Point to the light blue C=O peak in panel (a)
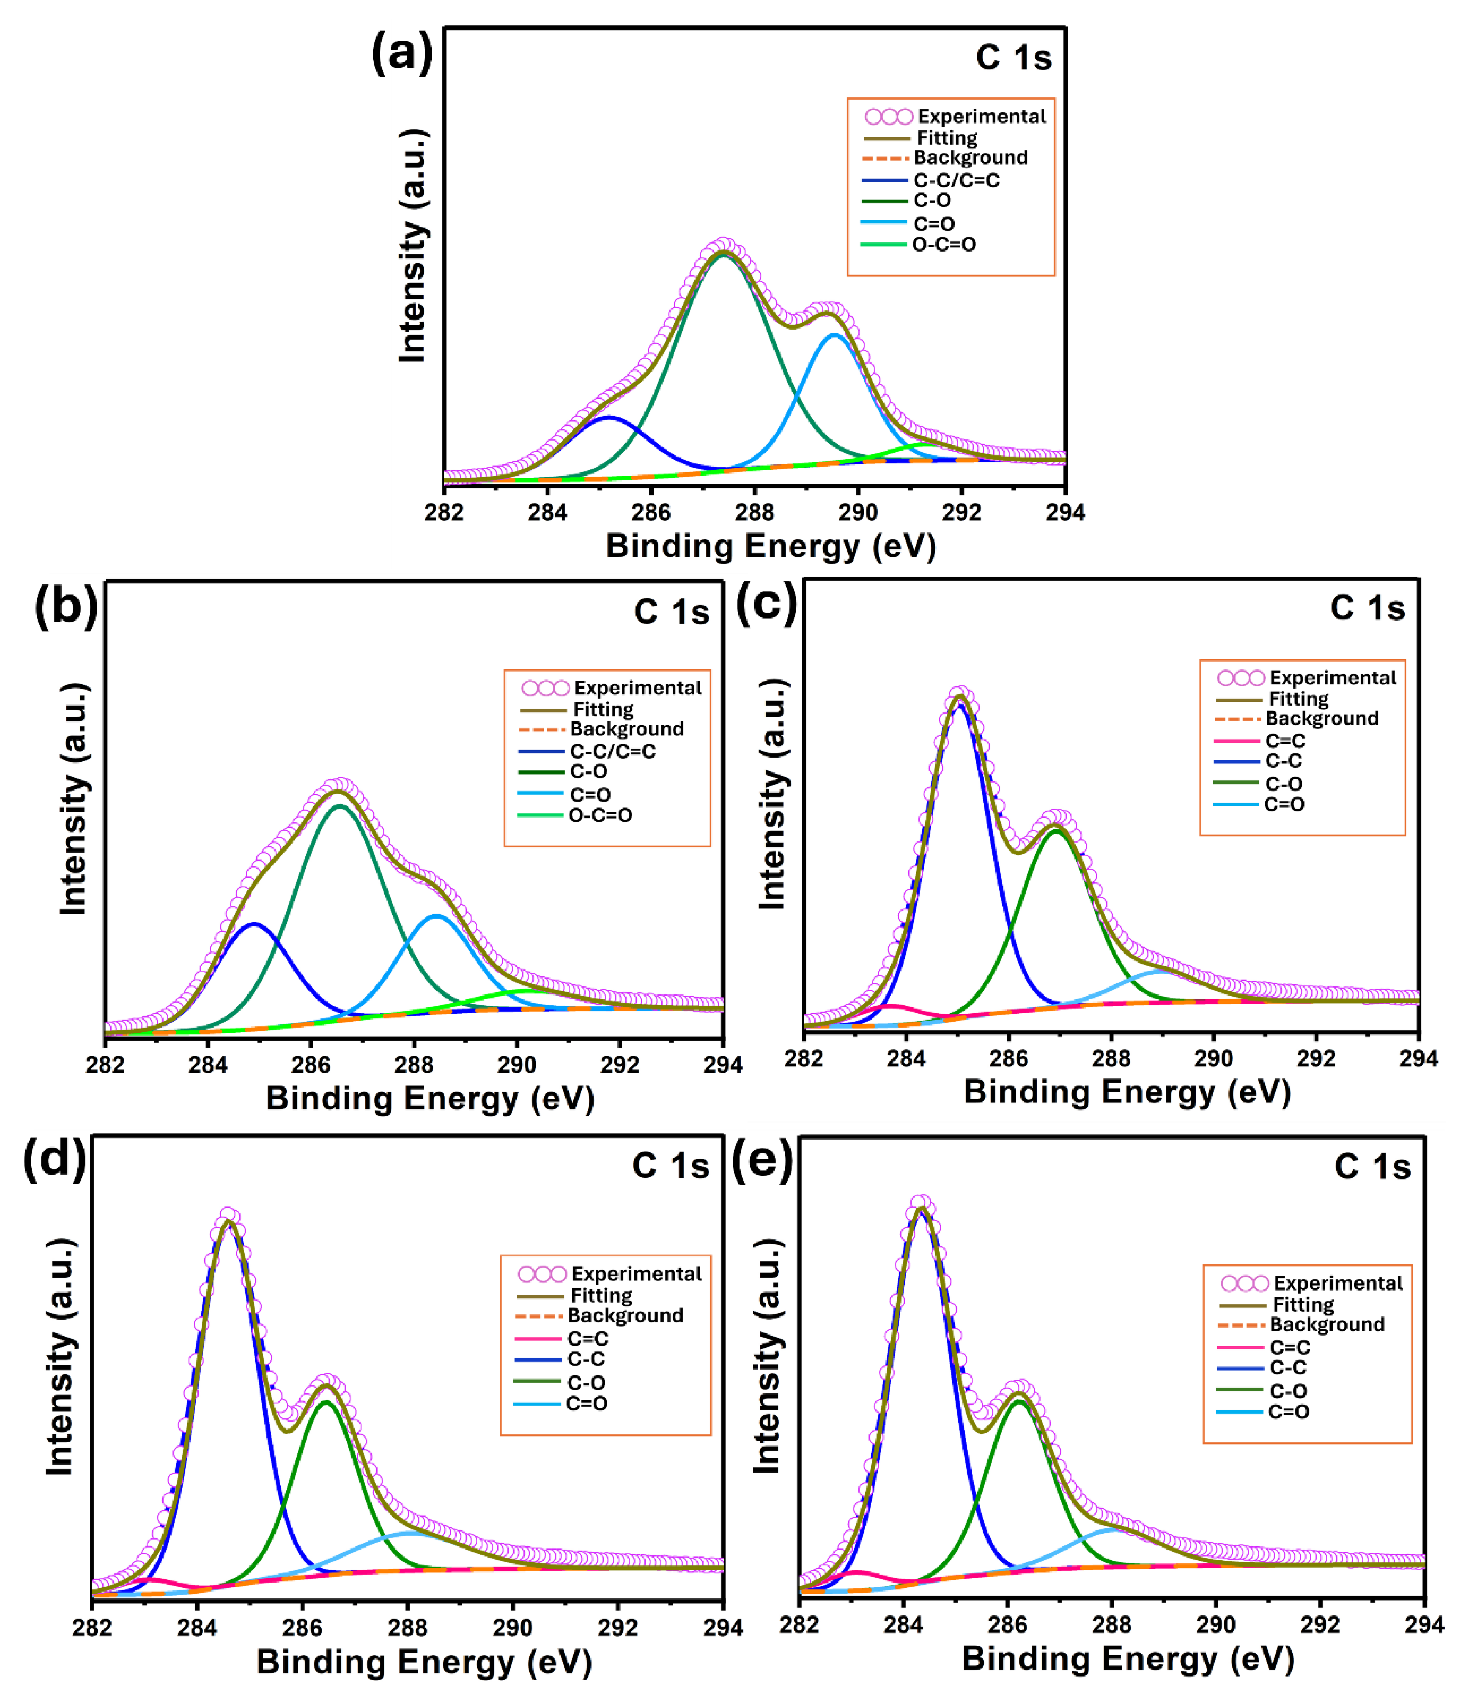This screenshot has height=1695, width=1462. [834, 335]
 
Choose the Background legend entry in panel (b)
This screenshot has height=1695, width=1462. [626, 729]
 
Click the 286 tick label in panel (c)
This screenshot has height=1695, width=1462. [1008, 1058]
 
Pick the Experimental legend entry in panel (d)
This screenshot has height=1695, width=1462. [635, 1274]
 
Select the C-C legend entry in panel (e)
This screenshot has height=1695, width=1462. [1287, 1367]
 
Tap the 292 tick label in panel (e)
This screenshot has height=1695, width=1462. [1320, 1625]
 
